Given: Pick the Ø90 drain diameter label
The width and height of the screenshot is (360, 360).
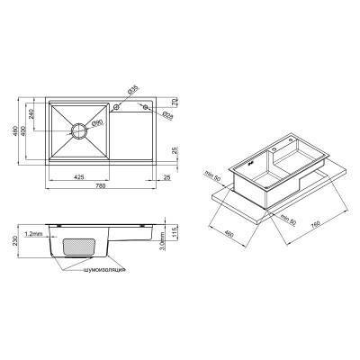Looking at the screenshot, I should [x=98, y=121].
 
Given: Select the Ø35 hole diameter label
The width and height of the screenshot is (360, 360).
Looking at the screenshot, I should [x=132, y=89].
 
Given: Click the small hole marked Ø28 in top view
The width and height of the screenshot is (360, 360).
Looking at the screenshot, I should [x=143, y=108].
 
